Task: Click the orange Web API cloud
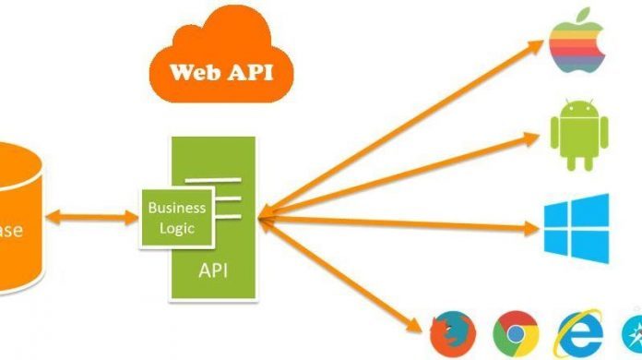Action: click(220, 63)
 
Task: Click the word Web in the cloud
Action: click(196, 71)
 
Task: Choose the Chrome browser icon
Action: click(514, 330)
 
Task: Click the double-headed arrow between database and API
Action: click(90, 219)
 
